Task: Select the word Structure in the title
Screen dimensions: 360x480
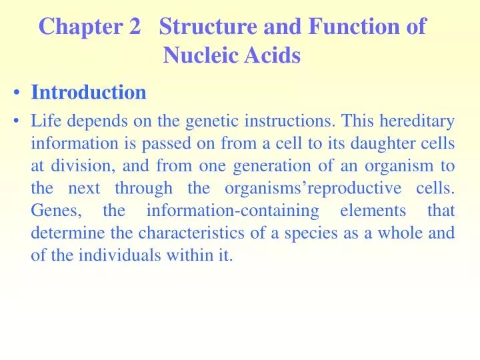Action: tap(209, 27)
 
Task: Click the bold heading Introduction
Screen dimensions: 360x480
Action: tap(89, 93)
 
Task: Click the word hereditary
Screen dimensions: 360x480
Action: tap(421, 121)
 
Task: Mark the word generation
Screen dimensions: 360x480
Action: tap(253, 166)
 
